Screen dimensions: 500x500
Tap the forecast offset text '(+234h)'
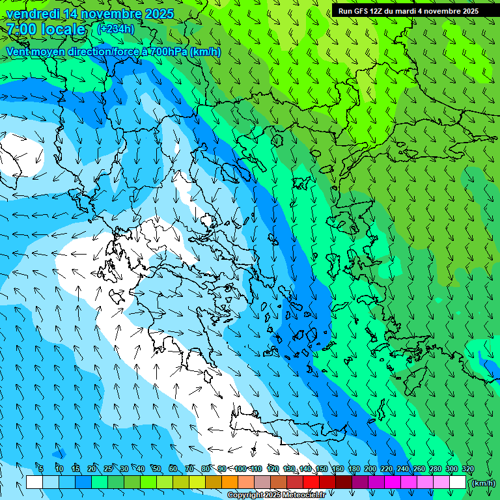(115, 29)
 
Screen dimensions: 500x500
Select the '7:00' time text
(21, 29)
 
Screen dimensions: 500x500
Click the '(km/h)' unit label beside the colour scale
(482, 483)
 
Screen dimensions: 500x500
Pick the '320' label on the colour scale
(468, 469)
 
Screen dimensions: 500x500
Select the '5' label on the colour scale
(42, 469)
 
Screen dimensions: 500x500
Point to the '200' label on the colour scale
(370, 469)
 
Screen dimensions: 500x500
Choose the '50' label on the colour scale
(157, 469)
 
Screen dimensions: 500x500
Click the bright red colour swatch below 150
(311, 482)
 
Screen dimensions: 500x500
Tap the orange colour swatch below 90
(229, 482)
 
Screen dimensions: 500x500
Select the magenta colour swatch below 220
(392, 482)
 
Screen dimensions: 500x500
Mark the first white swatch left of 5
(34, 482)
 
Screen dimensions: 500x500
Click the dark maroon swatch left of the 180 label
(343, 482)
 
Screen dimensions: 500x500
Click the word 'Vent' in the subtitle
(18, 51)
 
